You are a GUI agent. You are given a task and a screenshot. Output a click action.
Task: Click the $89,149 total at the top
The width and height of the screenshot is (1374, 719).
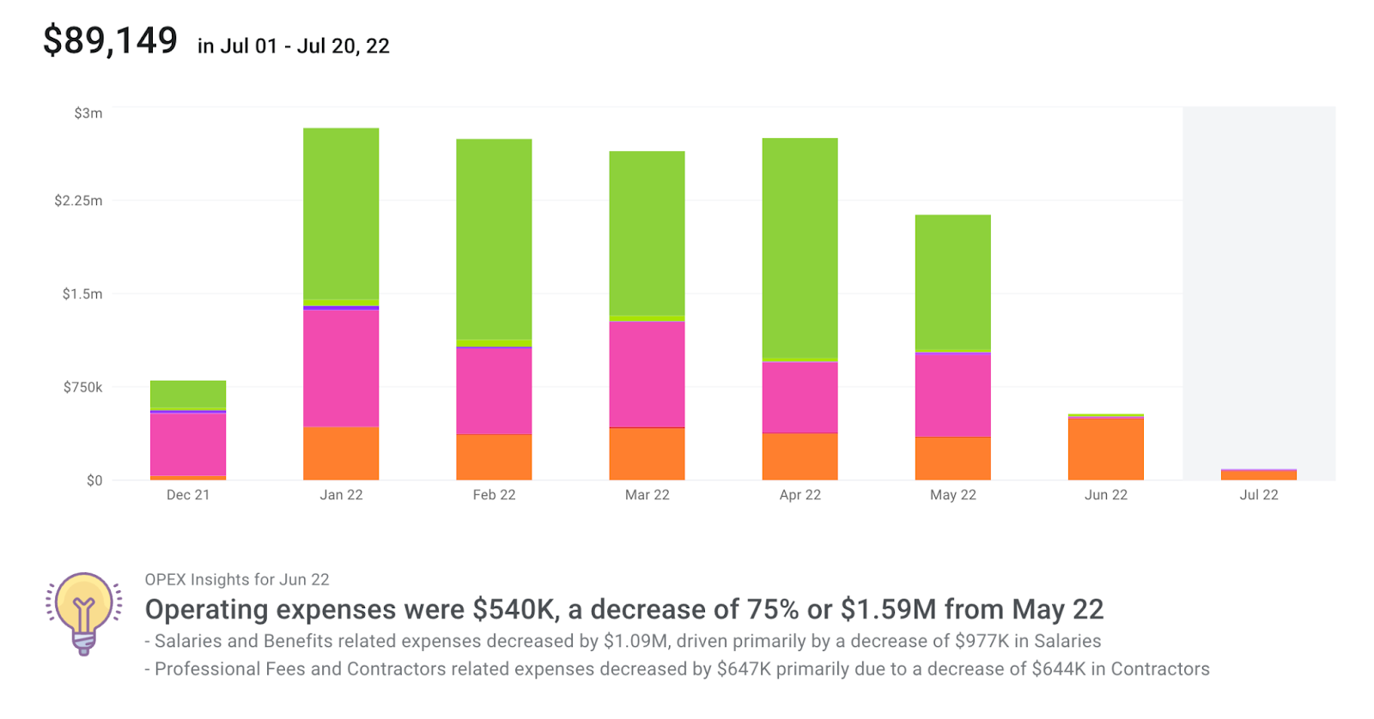(x=110, y=41)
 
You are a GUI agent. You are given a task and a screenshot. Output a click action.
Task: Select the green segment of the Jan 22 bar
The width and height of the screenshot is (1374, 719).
(x=341, y=213)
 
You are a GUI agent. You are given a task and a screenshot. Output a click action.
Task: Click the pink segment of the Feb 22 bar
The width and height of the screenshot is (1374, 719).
(x=494, y=390)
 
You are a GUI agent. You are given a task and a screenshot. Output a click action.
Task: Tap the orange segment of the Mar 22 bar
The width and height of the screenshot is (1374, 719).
(x=647, y=454)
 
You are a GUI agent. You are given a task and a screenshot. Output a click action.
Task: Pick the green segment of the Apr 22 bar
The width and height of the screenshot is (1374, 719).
(x=799, y=248)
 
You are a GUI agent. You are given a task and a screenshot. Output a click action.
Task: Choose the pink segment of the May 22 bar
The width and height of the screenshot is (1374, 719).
(x=952, y=395)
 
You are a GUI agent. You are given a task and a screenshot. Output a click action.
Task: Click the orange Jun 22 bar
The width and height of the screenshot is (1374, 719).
(x=1105, y=449)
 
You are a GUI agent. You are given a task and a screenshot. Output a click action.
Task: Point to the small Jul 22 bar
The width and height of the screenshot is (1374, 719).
(x=1258, y=474)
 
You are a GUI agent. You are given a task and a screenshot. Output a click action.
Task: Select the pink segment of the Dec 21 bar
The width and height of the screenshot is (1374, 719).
(x=188, y=444)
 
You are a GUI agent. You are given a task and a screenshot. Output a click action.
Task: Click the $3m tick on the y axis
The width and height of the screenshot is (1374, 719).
(x=88, y=113)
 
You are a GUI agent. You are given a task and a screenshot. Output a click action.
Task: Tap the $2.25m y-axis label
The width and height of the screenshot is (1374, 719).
(x=78, y=201)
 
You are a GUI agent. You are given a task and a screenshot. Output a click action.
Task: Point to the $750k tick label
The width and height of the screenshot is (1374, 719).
(x=82, y=388)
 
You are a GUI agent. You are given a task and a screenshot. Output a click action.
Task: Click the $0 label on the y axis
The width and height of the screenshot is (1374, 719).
(x=94, y=480)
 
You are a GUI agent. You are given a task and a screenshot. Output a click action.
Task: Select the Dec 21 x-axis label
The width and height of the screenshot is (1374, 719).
(x=188, y=495)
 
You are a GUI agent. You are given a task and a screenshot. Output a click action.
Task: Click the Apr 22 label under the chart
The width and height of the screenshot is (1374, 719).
(x=799, y=495)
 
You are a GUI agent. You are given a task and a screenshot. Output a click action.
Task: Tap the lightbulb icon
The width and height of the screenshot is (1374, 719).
(x=83, y=613)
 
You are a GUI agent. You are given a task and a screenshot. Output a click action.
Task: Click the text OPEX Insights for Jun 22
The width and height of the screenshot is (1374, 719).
(x=237, y=580)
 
